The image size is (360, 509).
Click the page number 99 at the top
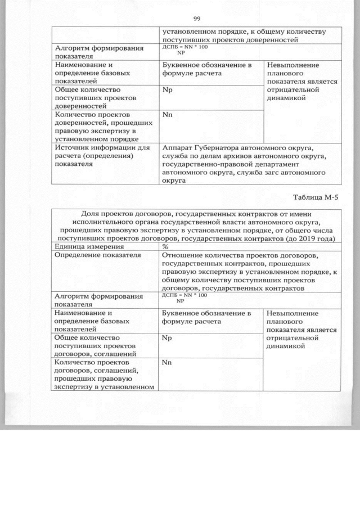point(197,17)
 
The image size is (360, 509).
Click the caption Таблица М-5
point(317,197)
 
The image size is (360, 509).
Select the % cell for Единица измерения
point(165,246)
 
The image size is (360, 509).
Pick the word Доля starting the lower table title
point(91,213)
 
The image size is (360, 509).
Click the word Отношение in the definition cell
point(181,255)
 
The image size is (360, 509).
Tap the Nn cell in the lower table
point(166,363)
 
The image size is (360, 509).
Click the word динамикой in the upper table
point(287,98)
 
